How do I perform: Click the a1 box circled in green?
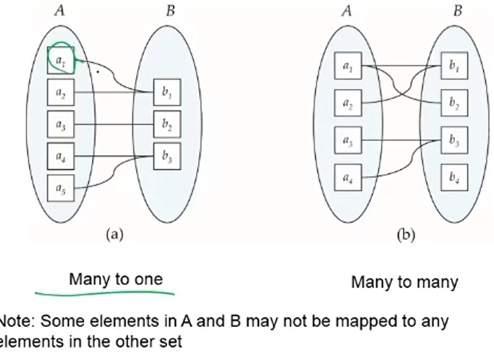pyautogui.click(x=61, y=60)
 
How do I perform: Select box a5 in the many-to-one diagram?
pyautogui.click(x=61, y=188)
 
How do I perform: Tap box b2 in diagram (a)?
pyautogui.click(x=167, y=124)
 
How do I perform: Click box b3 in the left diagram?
pyautogui.click(x=167, y=156)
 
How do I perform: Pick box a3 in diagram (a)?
pyautogui.click(x=61, y=124)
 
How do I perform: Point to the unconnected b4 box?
pyautogui.click(x=454, y=177)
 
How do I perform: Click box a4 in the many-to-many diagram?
pyautogui.click(x=348, y=177)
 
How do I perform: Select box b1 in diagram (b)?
pyautogui.click(x=454, y=66)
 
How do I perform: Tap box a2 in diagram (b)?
pyautogui.click(x=348, y=103)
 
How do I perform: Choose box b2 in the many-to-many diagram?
pyautogui.click(x=454, y=103)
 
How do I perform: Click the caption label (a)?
pyautogui.click(x=114, y=234)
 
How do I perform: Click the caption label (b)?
pyautogui.click(x=406, y=235)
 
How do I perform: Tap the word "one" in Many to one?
pyautogui.click(x=149, y=279)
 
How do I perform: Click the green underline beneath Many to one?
pyautogui.click(x=106, y=292)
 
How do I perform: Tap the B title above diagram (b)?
pyautogui.click(x=458, y=11)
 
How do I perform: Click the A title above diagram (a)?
pyautogui.click(x=60, y=11)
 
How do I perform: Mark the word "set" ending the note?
pyautogui.click(x=172, y=342)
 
